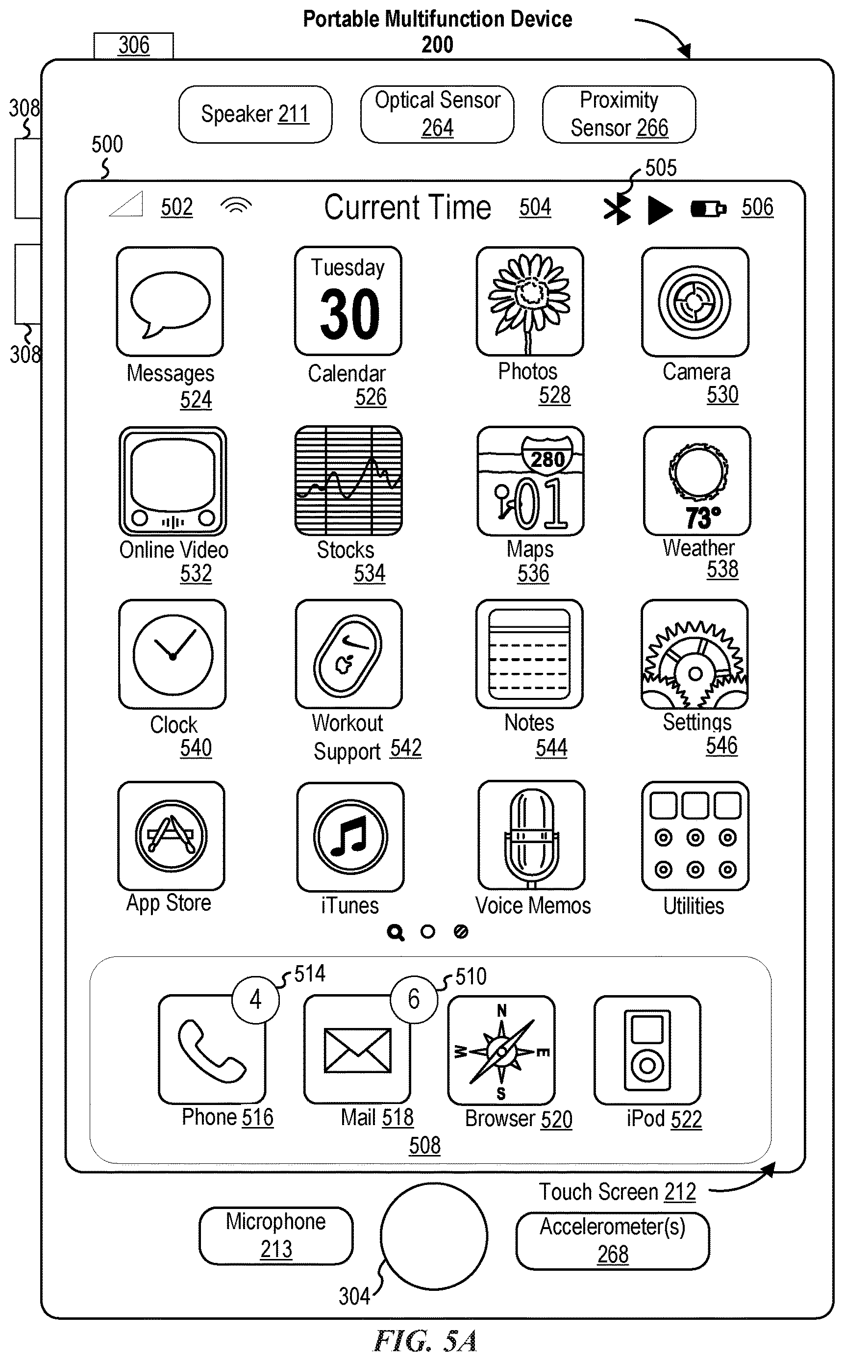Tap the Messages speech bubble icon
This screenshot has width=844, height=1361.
[170, 302]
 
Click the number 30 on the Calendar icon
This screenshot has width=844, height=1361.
[350, 314]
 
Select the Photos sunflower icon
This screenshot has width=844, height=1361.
[530, 301]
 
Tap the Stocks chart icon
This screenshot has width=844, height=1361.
[348, 481]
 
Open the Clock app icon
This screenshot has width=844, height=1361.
[173, 654]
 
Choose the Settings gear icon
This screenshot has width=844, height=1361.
[695, 654]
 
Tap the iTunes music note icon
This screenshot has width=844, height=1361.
[350, 837]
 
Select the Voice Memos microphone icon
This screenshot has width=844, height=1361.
[531, 835]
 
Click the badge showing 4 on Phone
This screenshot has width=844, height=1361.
[256, 999]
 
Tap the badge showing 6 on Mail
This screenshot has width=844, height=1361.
[414, 999]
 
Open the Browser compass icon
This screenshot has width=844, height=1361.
[501, 1051]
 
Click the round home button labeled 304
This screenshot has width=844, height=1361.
[434, 1236]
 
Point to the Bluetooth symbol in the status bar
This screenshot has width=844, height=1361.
[617, 209]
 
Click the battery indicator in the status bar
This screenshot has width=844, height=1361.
[708, 209]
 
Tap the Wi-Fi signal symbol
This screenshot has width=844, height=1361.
[236, 206]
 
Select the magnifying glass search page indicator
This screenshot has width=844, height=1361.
[395, 932]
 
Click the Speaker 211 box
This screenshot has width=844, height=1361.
[255, 114]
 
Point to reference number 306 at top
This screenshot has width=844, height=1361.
[134, 45]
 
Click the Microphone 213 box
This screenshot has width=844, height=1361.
[276, 1235]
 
